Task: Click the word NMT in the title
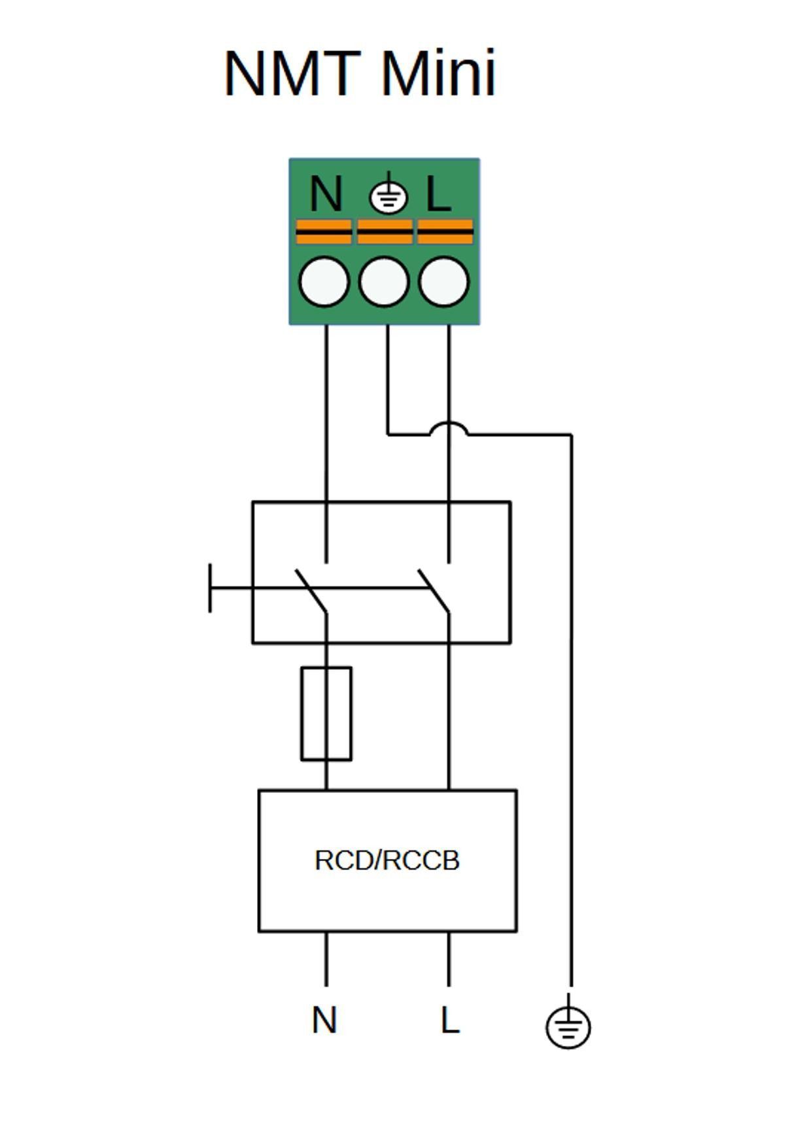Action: coord(292,73)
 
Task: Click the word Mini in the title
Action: coord(438,73)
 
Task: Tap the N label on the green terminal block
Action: coord(326,194)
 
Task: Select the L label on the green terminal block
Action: coord(438,194)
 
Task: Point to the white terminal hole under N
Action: coord(324,282)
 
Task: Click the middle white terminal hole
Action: coord(384,282)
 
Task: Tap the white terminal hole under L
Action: coord(444,282)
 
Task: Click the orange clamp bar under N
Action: coord(324,231)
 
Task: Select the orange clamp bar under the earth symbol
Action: coord(385,231)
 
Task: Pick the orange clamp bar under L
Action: coord(445,231)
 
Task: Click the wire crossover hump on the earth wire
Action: coord(449,428)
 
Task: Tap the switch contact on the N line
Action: coord(311,590)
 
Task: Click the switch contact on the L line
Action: coord(434,590)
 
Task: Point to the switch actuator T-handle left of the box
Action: coord(210,588)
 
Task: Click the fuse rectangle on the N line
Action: coord(326,713)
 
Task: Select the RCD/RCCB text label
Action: coord(387,860)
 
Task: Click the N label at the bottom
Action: coord(324,1020)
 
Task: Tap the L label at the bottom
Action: coord(450,1020)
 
